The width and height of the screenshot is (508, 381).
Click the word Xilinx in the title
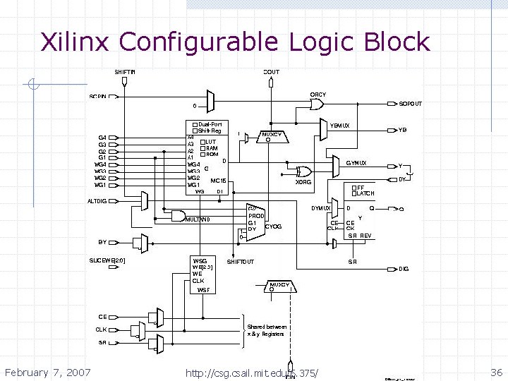[x=75, y=42]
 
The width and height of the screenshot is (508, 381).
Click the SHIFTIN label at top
[x=125, y=71]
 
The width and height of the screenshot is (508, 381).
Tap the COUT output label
[x=271, y=71]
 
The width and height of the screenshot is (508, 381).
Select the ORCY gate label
[x=317, y=95]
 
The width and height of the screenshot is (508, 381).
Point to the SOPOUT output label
[x=410, y=104]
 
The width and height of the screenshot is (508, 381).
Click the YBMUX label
[x=339, y=126]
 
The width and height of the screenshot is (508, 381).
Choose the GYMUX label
[x=356, y=163]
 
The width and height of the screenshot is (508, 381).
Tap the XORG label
[x=303, y=182]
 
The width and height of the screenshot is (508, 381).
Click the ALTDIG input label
[x=97, y=201]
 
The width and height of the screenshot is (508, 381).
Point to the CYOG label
[x=273, y=226]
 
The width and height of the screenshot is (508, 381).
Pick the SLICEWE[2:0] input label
[x=107, y=260]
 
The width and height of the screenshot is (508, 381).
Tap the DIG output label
[x=404, y=269]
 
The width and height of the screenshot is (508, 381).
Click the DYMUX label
[x=320, y=208]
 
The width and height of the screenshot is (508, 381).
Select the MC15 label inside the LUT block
[x=218, y=181]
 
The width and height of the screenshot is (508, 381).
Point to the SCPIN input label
[x=98, y=96]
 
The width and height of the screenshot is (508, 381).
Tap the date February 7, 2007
[x=47, y=372]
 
